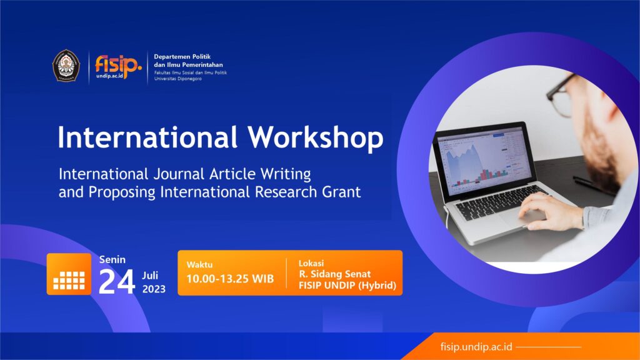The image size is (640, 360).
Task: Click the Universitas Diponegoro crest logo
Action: click(66, 65)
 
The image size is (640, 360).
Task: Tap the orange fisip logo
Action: click(118, 66)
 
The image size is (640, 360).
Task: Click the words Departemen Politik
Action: click(182, 57)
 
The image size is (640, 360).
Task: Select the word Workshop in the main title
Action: click(316, 137)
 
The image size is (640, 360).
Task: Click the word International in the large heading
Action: click(147, 137)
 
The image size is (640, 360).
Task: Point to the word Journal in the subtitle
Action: click(179, 174)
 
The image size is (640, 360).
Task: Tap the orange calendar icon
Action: click(69, 274)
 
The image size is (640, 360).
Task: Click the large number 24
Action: click(117, 282)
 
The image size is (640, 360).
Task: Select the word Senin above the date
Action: click(112, 259)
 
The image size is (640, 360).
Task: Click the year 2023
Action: click(154, 289)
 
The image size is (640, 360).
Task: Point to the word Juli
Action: click(150, 276)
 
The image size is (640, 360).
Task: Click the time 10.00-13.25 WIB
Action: click(230, 279)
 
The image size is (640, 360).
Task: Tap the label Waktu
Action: click(199, 264)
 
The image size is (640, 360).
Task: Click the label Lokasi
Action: click(311, 263)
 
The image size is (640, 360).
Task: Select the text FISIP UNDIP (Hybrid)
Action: click(347, 285)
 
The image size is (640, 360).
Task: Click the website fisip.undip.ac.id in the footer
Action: click(476, 347)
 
